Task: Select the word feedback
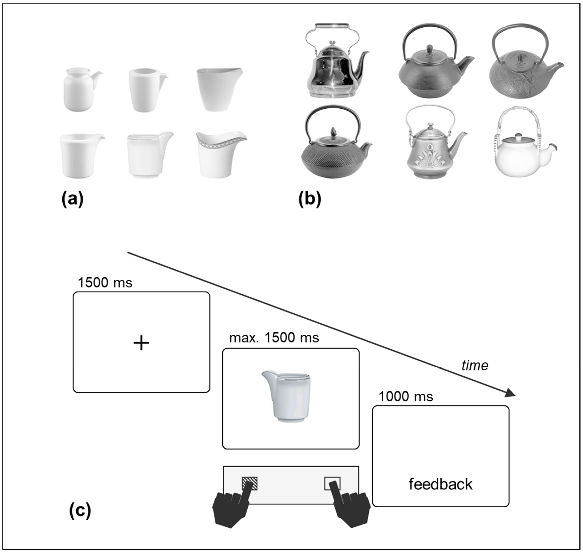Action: [441, 484]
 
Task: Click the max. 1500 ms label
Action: [274, 338]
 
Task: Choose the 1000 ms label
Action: [406, 397]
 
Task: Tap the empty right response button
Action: [332, 484]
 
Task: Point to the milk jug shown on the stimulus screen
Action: [287, 396]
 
